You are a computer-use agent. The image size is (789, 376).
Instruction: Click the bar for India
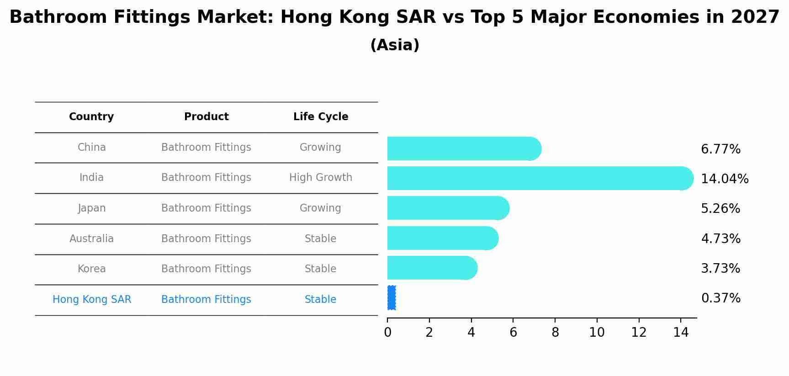tap(539, 178)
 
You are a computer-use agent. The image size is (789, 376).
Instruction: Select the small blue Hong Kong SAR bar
tap(392, 298)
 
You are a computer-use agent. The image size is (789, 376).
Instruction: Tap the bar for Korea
tap(432, 268)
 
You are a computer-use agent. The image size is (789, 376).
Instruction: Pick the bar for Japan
tap(448, 208)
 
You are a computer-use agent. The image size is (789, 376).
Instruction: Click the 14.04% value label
tap(724, 179)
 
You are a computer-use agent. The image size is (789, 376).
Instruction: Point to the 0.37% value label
tap(720, 298)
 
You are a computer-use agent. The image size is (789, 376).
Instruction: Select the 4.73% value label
tap(720, 238)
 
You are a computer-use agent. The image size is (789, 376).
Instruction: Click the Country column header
tap(91, 117)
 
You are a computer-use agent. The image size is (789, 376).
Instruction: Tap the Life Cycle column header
tap(320, 117)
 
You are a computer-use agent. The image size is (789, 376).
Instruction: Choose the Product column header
tap(206, 117)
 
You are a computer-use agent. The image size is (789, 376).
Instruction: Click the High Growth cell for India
tap(320, 178)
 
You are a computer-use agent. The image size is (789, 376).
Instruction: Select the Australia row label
tap(91, 238)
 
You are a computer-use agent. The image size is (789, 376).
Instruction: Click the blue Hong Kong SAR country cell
tap(91, 300)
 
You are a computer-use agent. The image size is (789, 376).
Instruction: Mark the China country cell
tap(91, 148)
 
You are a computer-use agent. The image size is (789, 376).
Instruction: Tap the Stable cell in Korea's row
tap(320, 269)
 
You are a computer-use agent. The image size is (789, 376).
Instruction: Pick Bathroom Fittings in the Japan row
tap(206, 208)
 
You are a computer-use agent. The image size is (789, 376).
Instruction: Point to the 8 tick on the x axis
tap(555, 333)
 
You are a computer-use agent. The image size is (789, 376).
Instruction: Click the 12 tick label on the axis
tap(639, 333)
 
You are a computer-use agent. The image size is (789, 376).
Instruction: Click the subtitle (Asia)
tap(394, 45)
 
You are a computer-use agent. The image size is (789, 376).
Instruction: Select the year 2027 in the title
tap(755, 17)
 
